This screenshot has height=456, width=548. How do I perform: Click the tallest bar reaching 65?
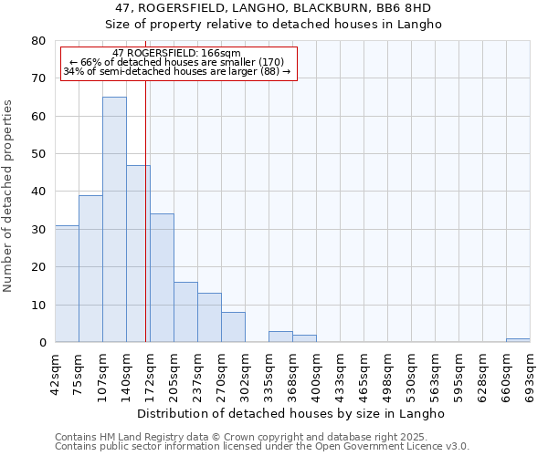point(114,219)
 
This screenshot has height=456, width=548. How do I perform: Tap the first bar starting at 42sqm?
point(67,284)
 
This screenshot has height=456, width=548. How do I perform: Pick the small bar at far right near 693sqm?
point(518,340)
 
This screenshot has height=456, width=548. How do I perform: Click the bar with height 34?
point(162,278)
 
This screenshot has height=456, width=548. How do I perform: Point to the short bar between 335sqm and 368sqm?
point(280,337)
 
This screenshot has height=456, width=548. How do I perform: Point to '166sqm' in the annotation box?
point(222,54)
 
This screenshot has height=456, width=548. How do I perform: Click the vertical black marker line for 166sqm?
point(146,210)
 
